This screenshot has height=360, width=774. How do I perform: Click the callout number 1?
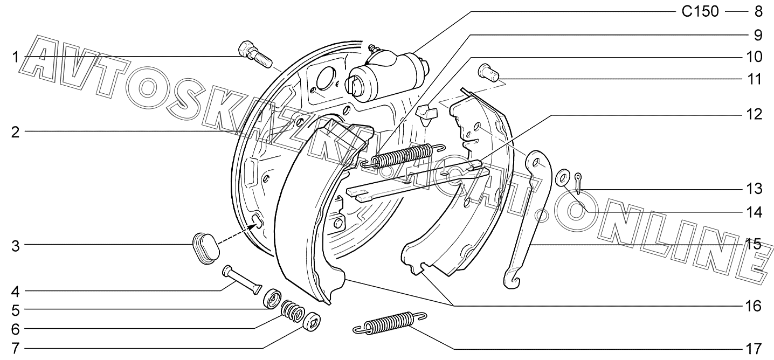point(16,57)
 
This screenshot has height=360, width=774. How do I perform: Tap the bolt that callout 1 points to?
point(254,55)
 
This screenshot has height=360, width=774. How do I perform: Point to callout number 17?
point(754,348)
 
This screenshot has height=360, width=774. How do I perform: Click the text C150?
point(700,11)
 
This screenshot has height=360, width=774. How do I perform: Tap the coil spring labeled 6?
point(294,311)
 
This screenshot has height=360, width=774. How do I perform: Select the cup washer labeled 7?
point(313,324)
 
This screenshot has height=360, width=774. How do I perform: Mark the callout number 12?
point(754,114)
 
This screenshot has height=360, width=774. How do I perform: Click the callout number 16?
point(754,306)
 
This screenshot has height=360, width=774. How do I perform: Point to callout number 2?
point(16,132)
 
